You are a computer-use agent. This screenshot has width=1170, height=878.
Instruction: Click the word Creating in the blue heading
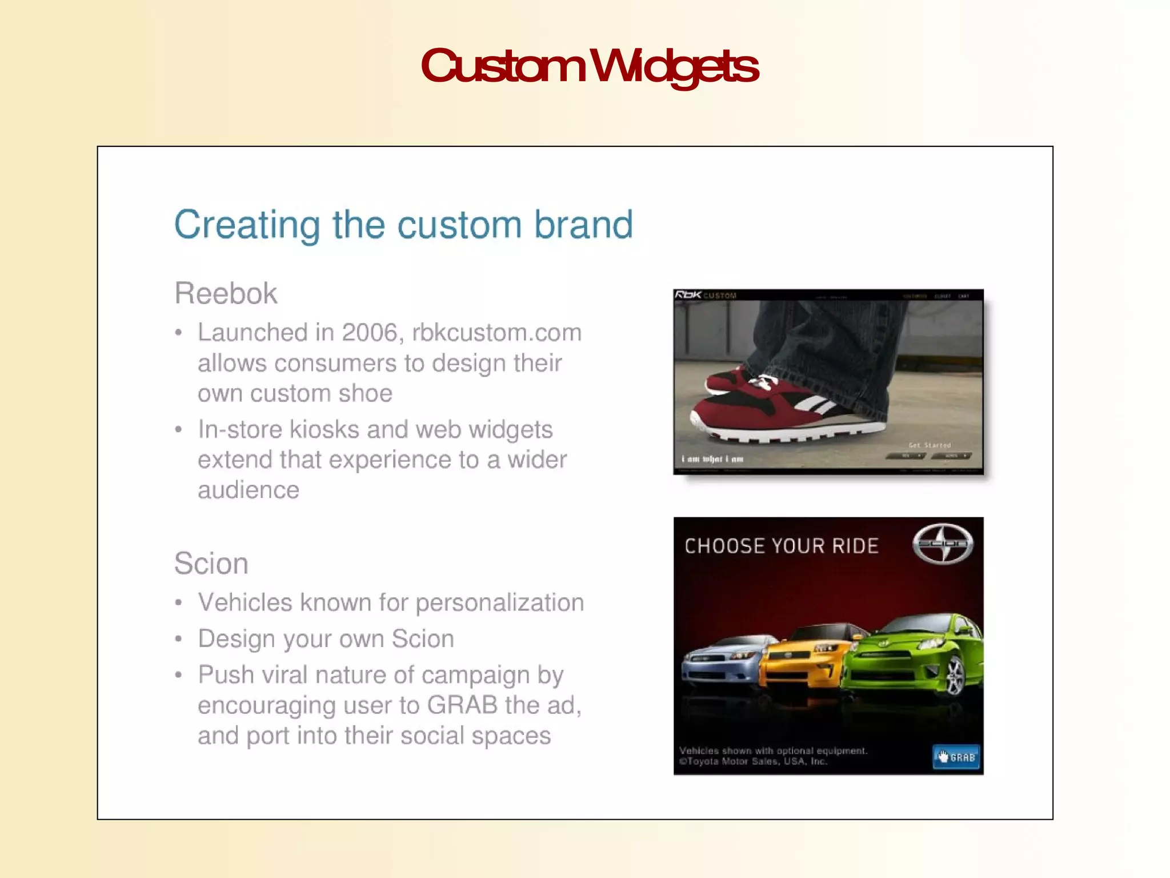247,225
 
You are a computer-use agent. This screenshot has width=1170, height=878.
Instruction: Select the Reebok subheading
226,294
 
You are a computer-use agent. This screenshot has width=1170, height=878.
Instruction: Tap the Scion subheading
211,564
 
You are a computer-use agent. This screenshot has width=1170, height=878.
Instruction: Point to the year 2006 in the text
369,333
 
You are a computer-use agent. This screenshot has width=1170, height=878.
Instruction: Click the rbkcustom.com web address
496,333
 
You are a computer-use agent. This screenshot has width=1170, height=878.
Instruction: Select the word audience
248,490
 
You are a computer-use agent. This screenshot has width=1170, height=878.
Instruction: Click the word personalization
499,603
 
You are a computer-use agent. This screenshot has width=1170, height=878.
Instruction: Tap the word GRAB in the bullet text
462,705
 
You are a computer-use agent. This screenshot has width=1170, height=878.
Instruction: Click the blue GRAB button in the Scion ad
956,757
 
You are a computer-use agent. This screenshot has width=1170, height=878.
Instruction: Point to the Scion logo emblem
943,544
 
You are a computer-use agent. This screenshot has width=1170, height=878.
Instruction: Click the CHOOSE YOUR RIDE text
781,546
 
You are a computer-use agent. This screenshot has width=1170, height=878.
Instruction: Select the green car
914,657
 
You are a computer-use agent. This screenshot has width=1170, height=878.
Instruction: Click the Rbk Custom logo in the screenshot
705,296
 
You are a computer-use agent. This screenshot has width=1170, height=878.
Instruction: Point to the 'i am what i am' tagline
712,459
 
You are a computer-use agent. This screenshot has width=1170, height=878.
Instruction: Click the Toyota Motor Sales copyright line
753,761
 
